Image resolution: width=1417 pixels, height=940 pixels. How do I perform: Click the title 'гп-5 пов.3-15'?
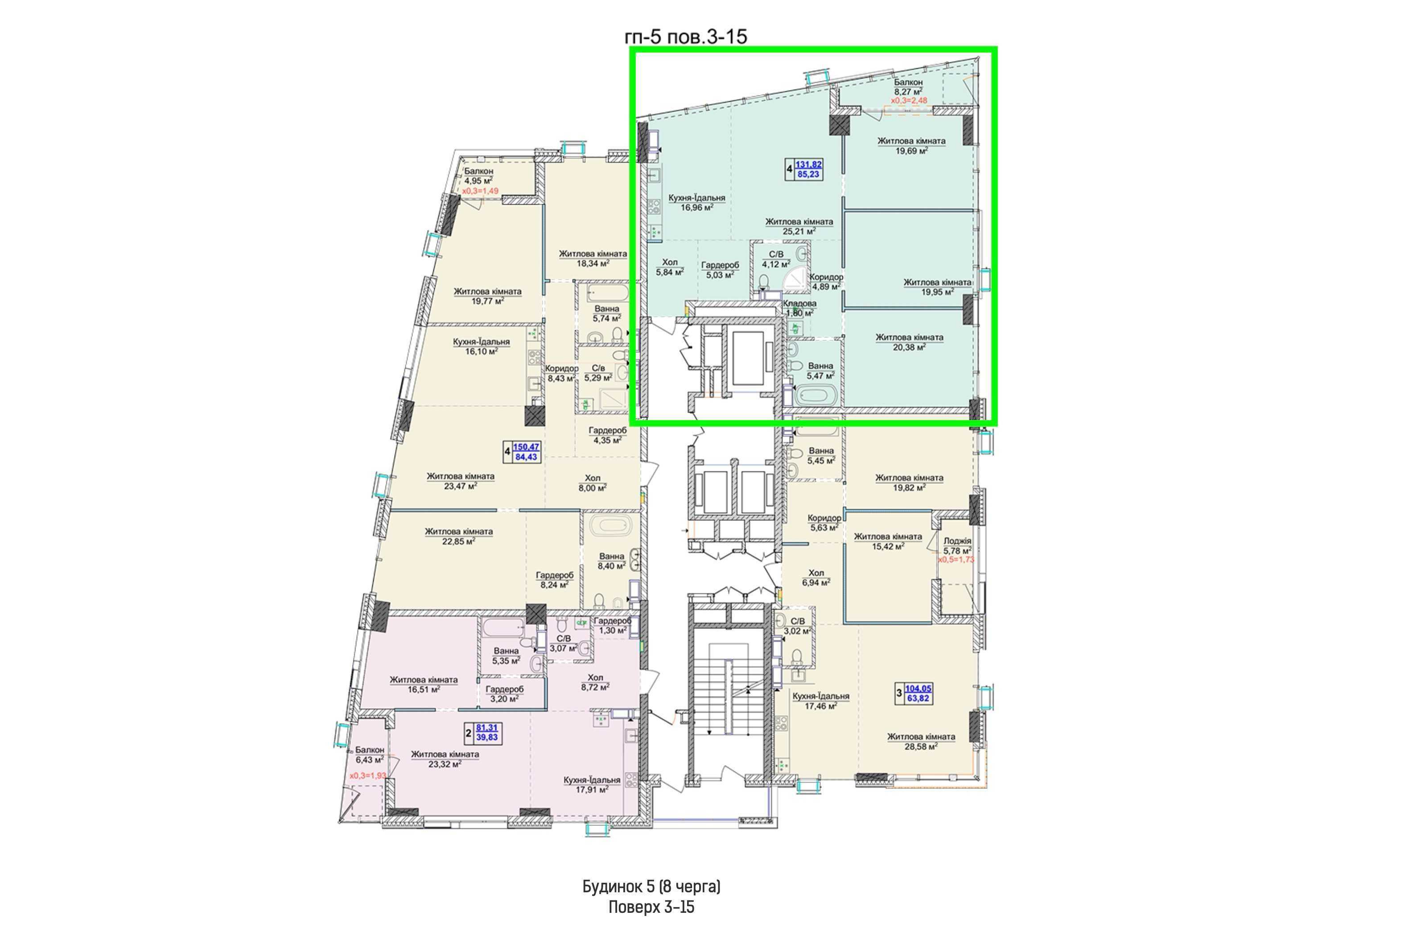coord(686,37)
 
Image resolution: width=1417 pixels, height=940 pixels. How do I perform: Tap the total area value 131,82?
coord(809,164)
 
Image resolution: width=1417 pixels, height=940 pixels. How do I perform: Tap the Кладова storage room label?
coord(799,303)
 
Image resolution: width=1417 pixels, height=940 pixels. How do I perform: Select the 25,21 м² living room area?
coord(799,230)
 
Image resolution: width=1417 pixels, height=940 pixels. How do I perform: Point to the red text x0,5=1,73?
coord(956,559)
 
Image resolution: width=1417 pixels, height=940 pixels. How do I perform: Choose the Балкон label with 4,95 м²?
coord(478,171)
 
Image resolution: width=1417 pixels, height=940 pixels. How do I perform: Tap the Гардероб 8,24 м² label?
coord(555,580)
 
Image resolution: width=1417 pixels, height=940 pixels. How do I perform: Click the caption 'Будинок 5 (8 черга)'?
coord(651,886)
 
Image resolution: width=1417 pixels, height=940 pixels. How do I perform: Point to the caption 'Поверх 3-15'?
coord(651,907)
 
